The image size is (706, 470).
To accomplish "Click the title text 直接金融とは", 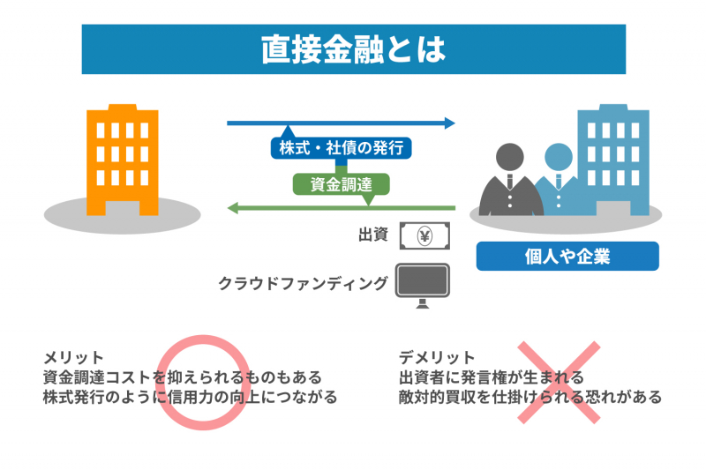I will coord(353,49).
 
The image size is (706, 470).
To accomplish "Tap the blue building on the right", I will coord(612,154).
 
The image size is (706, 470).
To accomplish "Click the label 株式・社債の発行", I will coord(341,148).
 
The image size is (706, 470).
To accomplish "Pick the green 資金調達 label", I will coord(340,184).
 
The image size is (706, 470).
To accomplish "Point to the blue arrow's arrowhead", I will coord(450,123).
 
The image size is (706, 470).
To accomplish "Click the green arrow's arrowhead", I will coord(233,208).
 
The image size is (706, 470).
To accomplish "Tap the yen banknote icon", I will coord(424,236).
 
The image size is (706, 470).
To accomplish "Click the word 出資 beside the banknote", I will coord(373,235).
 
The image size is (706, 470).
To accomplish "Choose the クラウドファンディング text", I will coord(303,284).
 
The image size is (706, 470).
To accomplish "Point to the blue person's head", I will coord(558,159).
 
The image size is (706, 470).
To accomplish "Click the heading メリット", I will coord(73,358).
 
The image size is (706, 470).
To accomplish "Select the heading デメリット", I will coord(436,358).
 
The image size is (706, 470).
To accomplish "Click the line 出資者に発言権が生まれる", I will coord(491,377).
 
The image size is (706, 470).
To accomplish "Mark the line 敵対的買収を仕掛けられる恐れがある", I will coord(529,397).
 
